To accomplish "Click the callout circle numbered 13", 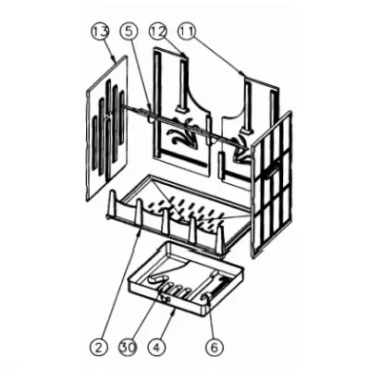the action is (x=100, y=31).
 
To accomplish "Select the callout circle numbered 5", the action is (x=129, y=31).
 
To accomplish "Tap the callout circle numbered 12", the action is (x=158, y=31).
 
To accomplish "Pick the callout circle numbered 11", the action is (x=186, y=31).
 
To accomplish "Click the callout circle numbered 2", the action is (x=99, y=348).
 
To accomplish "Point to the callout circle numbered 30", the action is (x=128, y=348).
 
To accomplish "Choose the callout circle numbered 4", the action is (x=156, y=348).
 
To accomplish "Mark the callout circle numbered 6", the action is (x=215, y=348).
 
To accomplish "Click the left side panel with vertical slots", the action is (x=106, y=128).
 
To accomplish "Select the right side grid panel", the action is (x=272, y=184).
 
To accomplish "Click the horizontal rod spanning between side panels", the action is (x=185, y=127).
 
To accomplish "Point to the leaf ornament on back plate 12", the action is (x=181, y=132).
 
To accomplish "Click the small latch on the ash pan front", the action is (x=165, y=298).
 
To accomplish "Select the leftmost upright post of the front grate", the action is (x=112, y=203).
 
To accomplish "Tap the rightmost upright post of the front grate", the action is (x=220, y=240).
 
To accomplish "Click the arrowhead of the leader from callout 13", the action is (x=115, y=59).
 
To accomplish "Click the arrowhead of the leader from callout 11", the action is (x=242, y=74).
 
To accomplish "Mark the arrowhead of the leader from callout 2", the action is (x=140, y=236).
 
